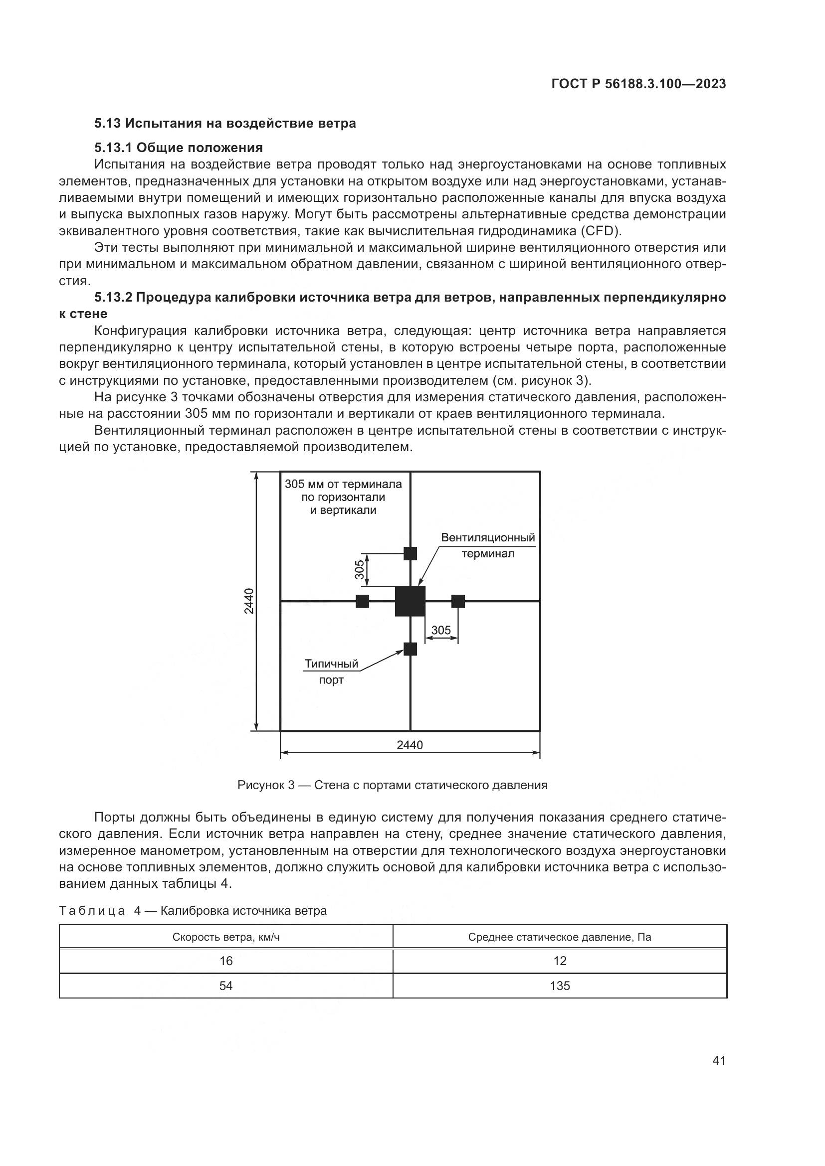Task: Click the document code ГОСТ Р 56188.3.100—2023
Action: [x=638, y=84]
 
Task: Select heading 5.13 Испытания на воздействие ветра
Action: [x=225, y=124]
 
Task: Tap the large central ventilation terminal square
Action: [x=410, y=601]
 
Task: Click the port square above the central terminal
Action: [x=410, y=553]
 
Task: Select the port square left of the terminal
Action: [x=362, y=601]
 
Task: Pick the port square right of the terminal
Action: [x=458, y=601]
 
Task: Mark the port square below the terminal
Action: [x=410, y=649]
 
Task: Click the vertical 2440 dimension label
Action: [x=249, y=601]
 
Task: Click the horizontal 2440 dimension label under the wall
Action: [x=410, y=745]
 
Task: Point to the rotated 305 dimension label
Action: [x=360, y=569]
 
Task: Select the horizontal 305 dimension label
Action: [x=440, y=630]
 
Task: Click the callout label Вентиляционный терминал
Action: [x=488, y=545]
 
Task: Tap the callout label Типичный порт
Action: [x=331, y=671]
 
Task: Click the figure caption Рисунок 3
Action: [x=392, y=785]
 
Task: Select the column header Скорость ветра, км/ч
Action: [x=226, y=937]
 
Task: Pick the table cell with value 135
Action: [x=560, y=986]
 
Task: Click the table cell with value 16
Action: [x=226, y=961]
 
